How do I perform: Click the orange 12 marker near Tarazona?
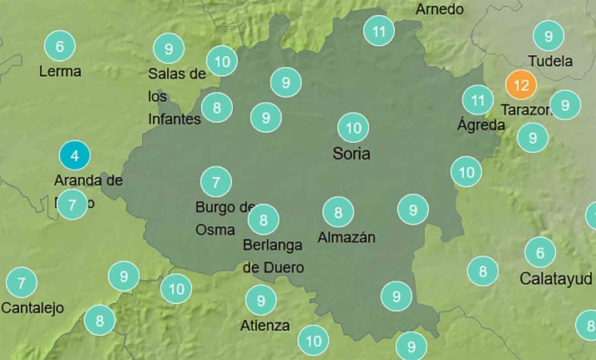tap(521, 85)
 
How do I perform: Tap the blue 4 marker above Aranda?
tap(74, 155)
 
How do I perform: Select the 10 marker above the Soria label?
tap(353, 128)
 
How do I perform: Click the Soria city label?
tap(351, 154)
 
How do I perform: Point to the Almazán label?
tap(346, 237)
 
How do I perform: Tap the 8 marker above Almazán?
tap(338, 212)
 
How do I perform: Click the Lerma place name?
tap(60, 72)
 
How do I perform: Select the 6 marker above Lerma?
tap(59, 46)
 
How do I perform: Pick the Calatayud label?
tap(555, 278)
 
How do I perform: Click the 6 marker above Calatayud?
tap(540, 252)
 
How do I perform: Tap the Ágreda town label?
tap(482, 125)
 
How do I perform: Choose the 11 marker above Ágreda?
tap(477, 100)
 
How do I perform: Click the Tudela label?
tap(551, 61)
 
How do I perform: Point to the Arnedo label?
tap(440, 9)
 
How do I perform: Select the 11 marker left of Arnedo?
tap(379, 33)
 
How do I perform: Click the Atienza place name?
tap(265, 325)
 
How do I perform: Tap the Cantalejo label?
tap(33, 307)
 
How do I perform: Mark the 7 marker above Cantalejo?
tap(21, 282)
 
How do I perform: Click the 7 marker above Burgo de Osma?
tap(215, 181)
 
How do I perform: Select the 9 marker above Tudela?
tap(548, 36)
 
